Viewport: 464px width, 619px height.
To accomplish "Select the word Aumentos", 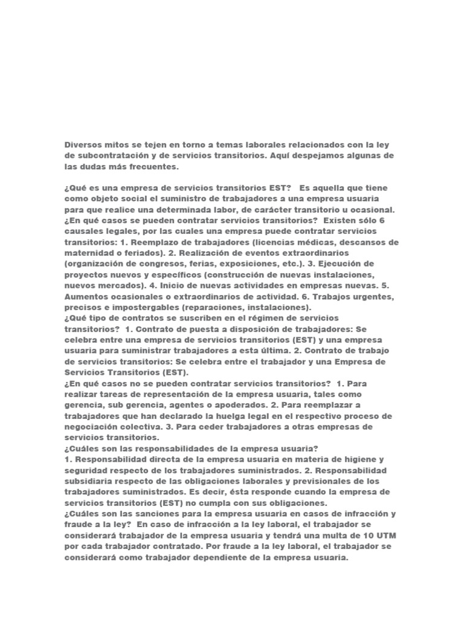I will [x=84, y=297].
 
